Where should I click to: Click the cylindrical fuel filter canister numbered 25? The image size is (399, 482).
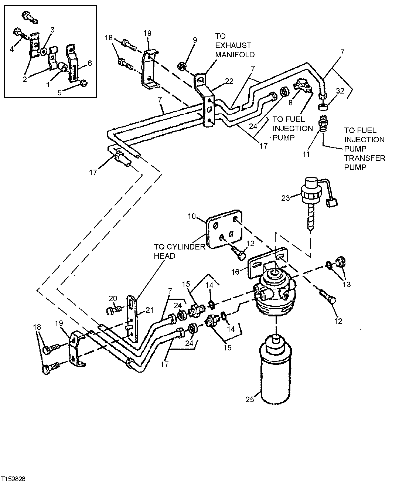pos(276,373)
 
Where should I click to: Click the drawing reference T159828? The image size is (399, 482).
pos(13,478)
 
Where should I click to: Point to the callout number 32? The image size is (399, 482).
pos(340,90)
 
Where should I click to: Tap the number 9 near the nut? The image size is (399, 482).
pos(195,40)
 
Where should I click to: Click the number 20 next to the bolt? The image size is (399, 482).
pos(113,298)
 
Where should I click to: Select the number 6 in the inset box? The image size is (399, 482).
pos(89,63)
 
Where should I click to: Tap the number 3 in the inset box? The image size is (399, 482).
pos(52,30)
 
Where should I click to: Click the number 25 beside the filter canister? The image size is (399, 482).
pos(250,400)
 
